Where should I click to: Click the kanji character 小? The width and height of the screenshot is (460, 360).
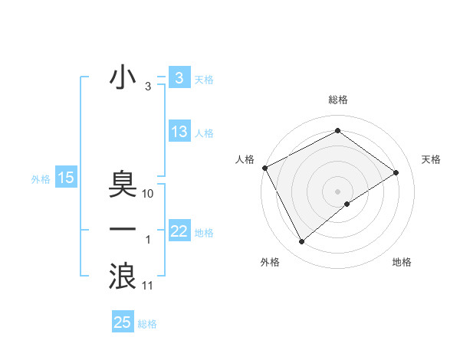click(123, 77)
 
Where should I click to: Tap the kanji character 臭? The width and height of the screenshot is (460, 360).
click(123, 183)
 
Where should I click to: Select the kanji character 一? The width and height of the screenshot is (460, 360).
click(123, 229)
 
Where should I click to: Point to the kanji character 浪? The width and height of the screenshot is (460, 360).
click(123, 275)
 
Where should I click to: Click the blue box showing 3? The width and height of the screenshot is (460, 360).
click(179, 78)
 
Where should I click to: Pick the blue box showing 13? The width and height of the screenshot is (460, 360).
click(179, 132)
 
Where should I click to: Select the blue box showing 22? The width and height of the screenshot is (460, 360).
click(179, 231)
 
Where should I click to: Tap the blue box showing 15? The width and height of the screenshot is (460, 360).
click(66, 178)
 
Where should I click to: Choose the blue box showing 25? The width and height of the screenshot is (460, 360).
click(123, 322)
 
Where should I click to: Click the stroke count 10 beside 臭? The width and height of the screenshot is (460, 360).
click(148, 194)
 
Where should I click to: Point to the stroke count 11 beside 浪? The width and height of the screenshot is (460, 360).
click(148, 286)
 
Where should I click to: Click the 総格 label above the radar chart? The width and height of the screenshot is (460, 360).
click(338, 100)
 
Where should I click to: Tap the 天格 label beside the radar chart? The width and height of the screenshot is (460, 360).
click(431, 159)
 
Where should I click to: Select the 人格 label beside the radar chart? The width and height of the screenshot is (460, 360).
click(245, 159)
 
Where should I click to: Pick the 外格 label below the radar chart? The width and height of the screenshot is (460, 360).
click(270, 262)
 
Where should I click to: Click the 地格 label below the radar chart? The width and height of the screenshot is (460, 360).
click(402, 262)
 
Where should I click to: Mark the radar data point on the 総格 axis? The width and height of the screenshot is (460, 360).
click(338, 131)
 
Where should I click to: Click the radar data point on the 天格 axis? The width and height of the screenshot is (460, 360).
click(396, 172)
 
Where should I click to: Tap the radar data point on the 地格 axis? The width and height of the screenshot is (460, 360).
click(347, 204)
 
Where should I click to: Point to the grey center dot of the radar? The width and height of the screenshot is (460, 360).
click(338, 191)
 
